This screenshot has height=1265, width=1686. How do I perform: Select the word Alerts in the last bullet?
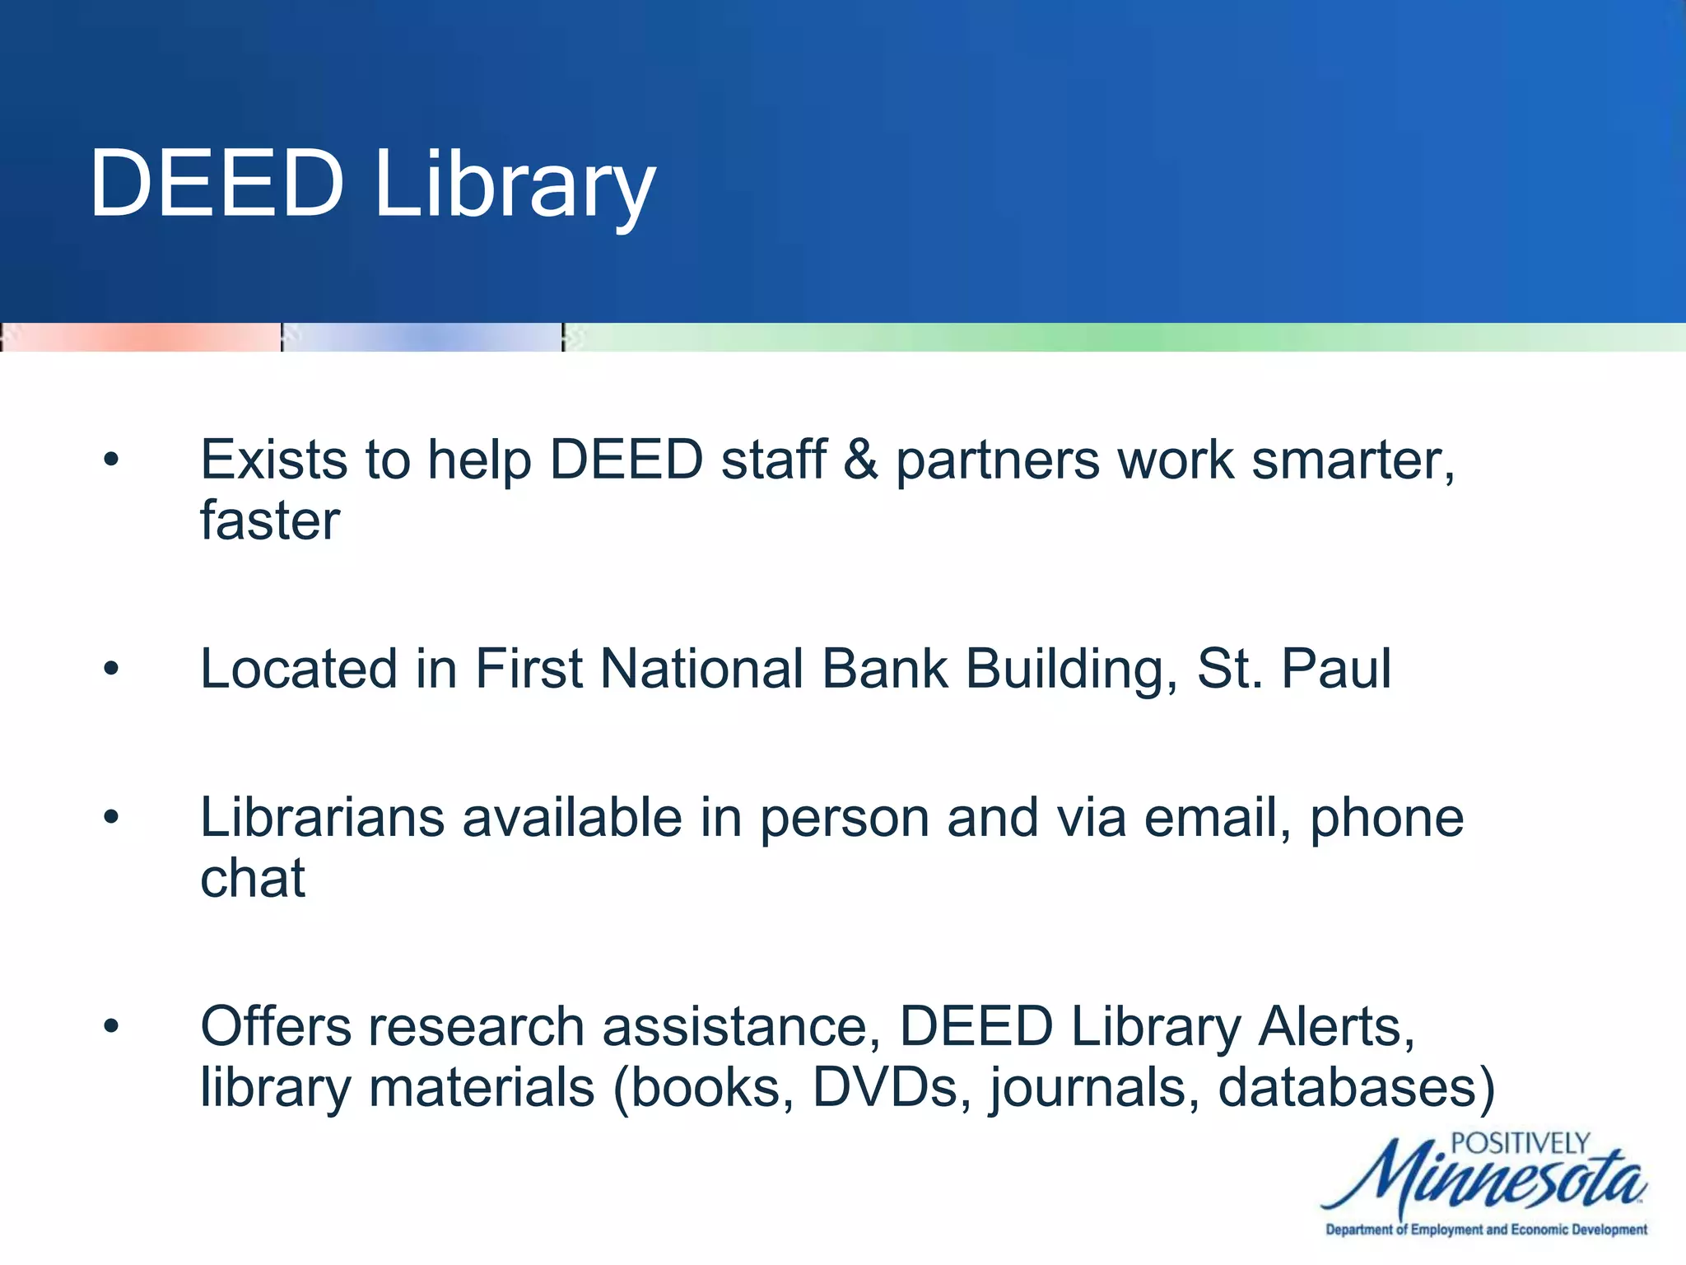pyautogui.click(x=1335, y=1027)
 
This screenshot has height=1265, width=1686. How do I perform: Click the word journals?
pyautogui.click(x=1094, y=1089)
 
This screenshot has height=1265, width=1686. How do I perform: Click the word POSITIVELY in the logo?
pyautogui.click(x=1519, y=1143)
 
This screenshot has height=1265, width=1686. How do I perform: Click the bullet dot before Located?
pyautogui.click(x=111, y=669)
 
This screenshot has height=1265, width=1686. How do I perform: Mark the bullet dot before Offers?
pyautogui.click(x=111, y=1027)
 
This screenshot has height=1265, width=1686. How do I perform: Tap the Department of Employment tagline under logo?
pyautogui.click(x=1486, y=1230)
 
